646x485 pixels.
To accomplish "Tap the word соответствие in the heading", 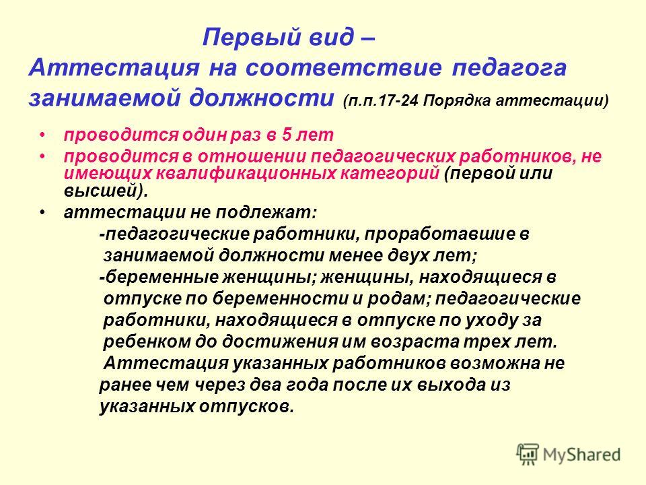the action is [x=344, y=68].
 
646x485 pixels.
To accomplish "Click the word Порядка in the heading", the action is [x=457, y=101].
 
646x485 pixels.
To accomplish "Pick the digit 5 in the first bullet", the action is [x=287, y=135].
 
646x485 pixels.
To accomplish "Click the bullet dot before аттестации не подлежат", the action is [x=42, y=213].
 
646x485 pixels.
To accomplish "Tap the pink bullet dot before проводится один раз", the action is [x=42, y=135].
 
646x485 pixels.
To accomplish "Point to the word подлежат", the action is [x=266, y=213].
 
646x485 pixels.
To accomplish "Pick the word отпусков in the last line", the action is [x=247, y=406].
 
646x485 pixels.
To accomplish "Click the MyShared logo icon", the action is [x=528, y=455].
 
